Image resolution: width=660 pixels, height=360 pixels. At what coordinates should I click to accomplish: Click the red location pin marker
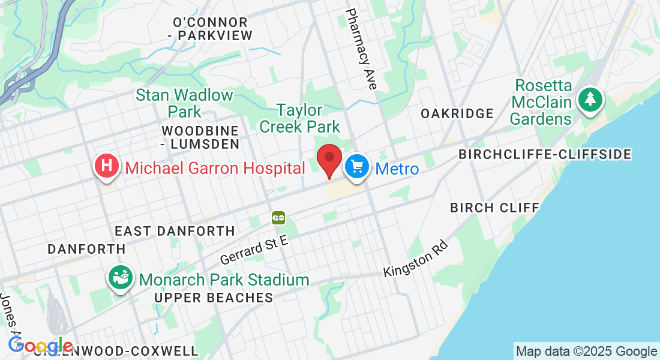(x=329, y=159)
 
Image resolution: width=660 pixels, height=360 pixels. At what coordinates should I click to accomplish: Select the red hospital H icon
(x=107, y=166)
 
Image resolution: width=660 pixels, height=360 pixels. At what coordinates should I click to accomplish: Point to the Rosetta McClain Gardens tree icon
(x=590, y=98)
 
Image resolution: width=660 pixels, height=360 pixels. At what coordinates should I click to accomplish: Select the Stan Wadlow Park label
(x=184, y=103)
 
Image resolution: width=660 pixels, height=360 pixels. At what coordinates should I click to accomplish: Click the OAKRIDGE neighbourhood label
(x=457, y=113)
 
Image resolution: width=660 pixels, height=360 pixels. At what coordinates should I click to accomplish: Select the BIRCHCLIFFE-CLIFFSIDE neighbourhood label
(x=545, y=155)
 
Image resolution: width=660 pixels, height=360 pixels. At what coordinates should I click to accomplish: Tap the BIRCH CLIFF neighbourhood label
(x=494, y=208)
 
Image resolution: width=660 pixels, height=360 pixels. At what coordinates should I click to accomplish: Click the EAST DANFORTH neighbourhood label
(x=175, y=231)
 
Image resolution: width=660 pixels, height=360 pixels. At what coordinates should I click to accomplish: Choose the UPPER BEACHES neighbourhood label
(x=214, y=298)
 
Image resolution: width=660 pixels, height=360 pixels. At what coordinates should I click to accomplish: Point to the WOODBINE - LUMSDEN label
(x=200, y=137)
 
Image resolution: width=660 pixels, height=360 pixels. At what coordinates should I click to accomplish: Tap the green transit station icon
(x=278, y=218)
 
